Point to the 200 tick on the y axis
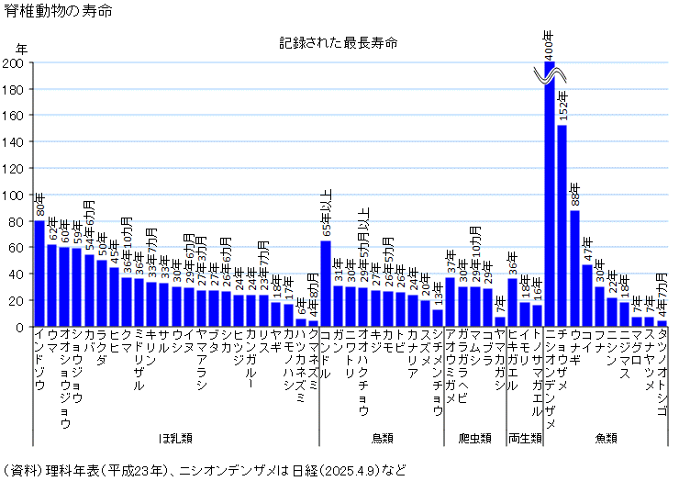coord(16,63)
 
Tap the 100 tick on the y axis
coord(16,195)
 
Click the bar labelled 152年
coord(562,229)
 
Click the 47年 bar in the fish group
coord(587,295)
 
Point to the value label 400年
coord(549,42)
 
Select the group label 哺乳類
coord(174,438)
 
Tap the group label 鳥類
coord(384,438)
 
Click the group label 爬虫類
coord(474,438)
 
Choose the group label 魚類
coord(606,438)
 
